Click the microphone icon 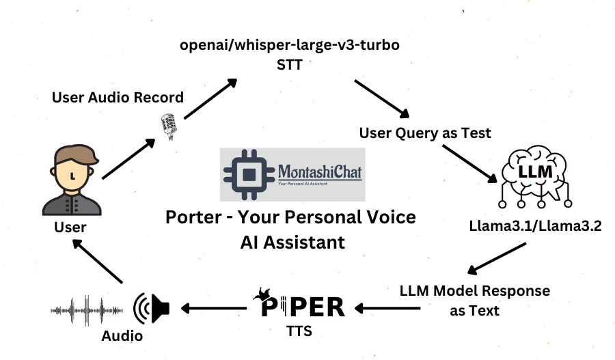[x=167, y=125]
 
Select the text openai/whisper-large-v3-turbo [x=289, y=46]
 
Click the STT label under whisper [x=289, y=66]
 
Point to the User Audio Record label [x=118, y=97]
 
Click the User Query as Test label [x=425, y=133]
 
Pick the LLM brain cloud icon [x=534, y=176]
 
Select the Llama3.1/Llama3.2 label [x=535, y=227]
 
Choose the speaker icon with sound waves [x=151, y=308]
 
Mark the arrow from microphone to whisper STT [x=210, y=99]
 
